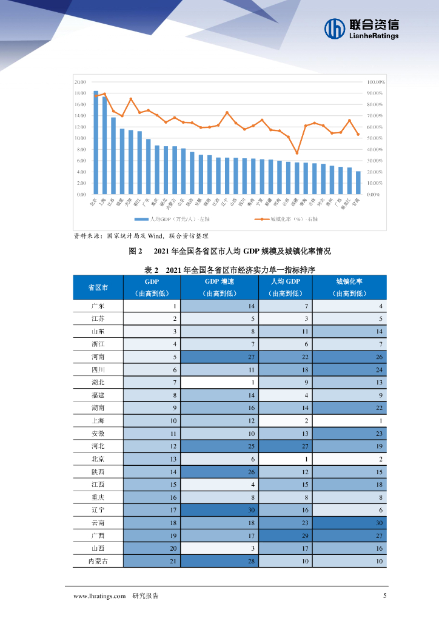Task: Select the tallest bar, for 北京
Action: pyautogui.click(x=96, y=143)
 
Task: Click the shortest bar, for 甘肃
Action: pyautogui.click(x=358, y=183)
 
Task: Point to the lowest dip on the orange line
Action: pyautogui.click(x=297, y=153)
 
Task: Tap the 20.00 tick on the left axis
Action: pyautogui.click(x=80, y=82)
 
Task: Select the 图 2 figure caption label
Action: pyautogui.click(x=135, y=250)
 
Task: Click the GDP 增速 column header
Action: pyautogui.click(x=220, y=282)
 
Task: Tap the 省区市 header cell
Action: pyautogui.click(x=98, y=287)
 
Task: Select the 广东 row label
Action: pyautogui.click(x=98, y=306)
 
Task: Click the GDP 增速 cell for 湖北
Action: pyautogui.click(x=220, y=383)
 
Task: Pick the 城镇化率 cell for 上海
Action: pyautogui.click(x=353, y=421)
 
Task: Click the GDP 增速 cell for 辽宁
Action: pyautogui.click(x=220, y=510)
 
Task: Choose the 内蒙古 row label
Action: pyautogui.click(x=98, y=561)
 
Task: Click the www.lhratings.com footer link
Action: pyautogui.click(x=99, y=596)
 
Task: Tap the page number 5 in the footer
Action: pyautogui.click(x=384, y=596)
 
